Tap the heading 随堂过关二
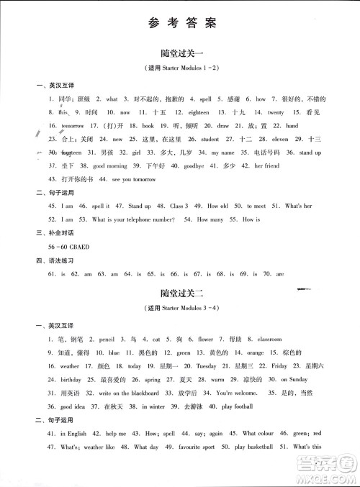pos(180,292)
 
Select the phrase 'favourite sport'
pos(195,446)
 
